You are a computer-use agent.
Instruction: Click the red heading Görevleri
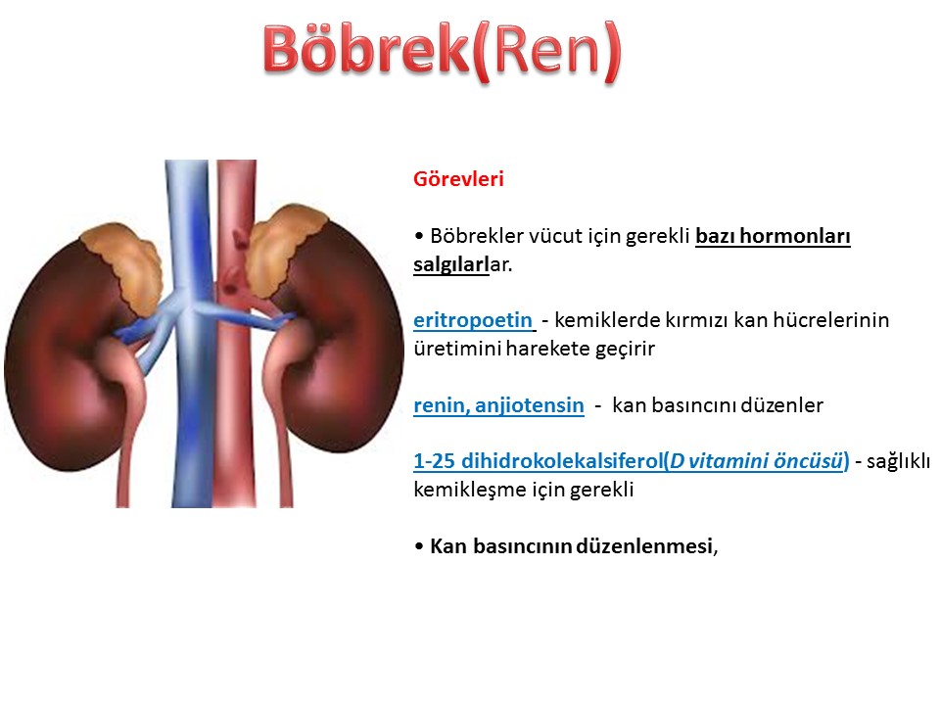458,178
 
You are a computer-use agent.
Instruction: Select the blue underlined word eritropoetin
472,320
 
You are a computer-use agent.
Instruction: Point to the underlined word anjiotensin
530,405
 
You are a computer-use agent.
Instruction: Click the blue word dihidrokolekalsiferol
562,461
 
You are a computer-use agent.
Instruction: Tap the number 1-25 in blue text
434,461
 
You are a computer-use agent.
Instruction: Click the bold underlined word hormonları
795,236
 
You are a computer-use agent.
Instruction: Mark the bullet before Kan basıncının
418,546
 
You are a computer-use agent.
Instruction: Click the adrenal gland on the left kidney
124,266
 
